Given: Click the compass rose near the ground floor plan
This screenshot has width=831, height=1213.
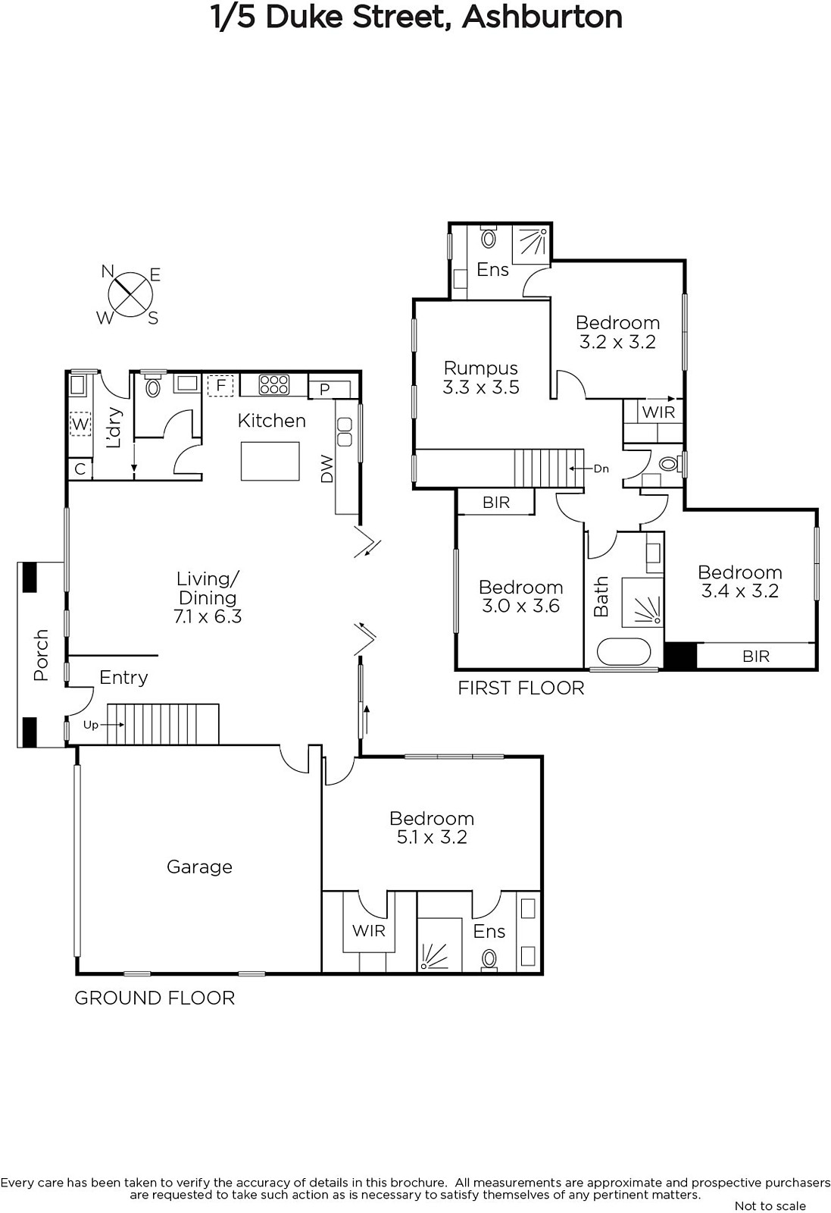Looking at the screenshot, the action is click(x=130, y=295).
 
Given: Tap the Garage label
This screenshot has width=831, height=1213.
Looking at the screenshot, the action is click(x=200, y=867).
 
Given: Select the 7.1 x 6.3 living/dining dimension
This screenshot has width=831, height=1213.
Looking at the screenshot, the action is click(x=208, y=616).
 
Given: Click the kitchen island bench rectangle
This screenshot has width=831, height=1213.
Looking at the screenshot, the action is click(x=270, y=461).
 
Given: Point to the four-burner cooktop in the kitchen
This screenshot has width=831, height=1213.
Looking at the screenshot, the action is click(x=274, y=384).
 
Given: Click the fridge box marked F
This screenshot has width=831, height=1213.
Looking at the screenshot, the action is click(x=220, y=386).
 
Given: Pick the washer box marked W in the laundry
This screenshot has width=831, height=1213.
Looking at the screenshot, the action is click(x=80, y=424).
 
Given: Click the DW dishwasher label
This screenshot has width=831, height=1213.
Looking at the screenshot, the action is click(x=326, y=469).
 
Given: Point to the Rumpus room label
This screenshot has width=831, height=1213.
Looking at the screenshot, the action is click(x=481, y=368).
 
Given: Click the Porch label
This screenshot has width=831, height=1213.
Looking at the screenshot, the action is click(x=41, y=655).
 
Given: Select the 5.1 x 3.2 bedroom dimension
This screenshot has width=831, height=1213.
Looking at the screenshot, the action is click(x=432, y=837).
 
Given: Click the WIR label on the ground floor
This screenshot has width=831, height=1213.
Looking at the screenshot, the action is click(x=368, y=931).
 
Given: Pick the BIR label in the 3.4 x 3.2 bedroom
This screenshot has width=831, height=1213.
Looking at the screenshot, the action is click(x=756, y=657).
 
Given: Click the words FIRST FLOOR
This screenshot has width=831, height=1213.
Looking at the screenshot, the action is click(x=521, y=688).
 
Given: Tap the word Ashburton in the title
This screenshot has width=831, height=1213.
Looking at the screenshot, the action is click(x=542, y=17).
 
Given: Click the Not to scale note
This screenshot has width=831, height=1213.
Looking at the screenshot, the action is click(x=770, y=1205).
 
